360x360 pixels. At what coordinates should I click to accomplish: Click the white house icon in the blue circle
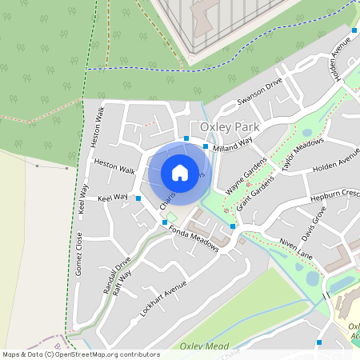coord(180,172)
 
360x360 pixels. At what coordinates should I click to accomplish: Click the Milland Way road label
coord(233,143)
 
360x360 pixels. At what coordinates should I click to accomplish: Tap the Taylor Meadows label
coord(302,154)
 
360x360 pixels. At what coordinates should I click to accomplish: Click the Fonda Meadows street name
coord(194,238)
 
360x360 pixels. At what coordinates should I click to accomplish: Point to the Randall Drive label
coord(116,275)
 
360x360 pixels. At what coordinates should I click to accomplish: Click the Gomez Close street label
coord(78,254)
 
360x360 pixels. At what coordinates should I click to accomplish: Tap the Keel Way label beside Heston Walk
coord(113,198)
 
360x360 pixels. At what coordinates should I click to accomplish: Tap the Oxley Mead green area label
coord(199,346)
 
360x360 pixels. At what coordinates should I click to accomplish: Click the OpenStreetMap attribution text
coord(80,354)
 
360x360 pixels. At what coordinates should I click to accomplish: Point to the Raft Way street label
coord(122,283)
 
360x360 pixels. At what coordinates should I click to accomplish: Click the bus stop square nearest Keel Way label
coord(138,198)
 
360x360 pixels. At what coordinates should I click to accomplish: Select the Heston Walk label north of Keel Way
coord(114,169)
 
